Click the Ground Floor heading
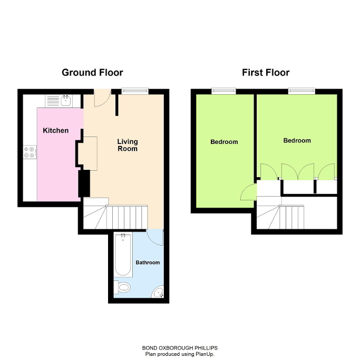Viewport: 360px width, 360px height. [x=92, y=73]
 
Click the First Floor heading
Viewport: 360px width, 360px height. [x=266, y=73]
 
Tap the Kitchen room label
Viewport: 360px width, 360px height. [x=55, y=130]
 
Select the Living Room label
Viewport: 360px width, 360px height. [x=127, y=145]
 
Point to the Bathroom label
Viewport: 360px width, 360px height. [x=148, y=262]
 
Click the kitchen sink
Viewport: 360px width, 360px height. [x=66, y=100]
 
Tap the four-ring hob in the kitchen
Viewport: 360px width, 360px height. [x=30, y=152]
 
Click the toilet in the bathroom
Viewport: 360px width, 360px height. [x=123, y=288]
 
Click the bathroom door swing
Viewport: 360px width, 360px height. [x=155, y=237]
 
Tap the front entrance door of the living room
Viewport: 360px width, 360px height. [x=102, y=97]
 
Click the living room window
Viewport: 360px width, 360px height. [x=134, y=91]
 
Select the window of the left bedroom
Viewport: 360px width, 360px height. [x=223, y=91]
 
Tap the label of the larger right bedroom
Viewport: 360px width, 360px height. [x=297, y=141]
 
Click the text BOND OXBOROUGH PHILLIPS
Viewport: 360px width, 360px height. [x=180, y=348]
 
